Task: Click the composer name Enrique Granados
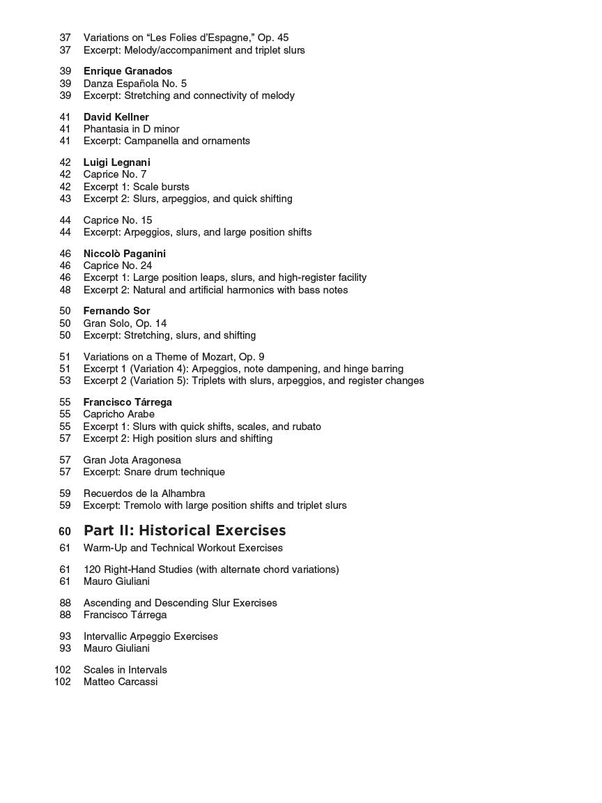(128, 71)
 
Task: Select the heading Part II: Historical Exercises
(185, 530)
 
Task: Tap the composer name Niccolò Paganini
(124, 254)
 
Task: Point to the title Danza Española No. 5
(135, 84)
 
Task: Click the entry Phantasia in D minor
(131, 129)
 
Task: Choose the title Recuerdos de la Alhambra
(144, 494)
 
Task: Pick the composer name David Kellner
(116, 117)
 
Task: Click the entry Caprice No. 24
(118, 266)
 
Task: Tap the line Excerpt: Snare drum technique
(154, 472)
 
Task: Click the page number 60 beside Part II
(65, 531)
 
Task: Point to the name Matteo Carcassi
(121, 682)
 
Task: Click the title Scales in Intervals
(125, 670)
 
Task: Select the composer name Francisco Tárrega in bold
(128, 402)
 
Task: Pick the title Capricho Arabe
(119, 414)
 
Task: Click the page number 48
(65, 290)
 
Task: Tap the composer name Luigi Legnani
(116, 162)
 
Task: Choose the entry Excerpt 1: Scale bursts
(137, 187)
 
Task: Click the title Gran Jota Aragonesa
(132, 460)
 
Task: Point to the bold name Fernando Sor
(116, 311)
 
